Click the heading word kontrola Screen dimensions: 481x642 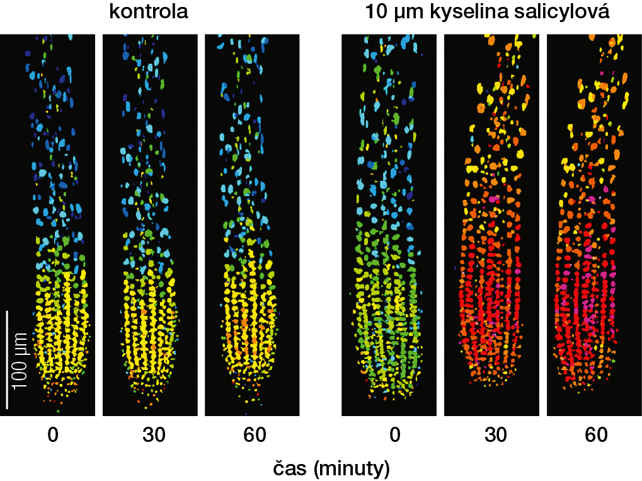click(149, 12)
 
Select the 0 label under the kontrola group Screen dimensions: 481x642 click(53, 435)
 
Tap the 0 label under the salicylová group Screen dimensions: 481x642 click(394, 435)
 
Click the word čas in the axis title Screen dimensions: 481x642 click(290, 468)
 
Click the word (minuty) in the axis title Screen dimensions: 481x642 click(350, 468)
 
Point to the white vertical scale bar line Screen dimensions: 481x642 click(7, 359)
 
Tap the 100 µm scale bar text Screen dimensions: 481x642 click(20, 360)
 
